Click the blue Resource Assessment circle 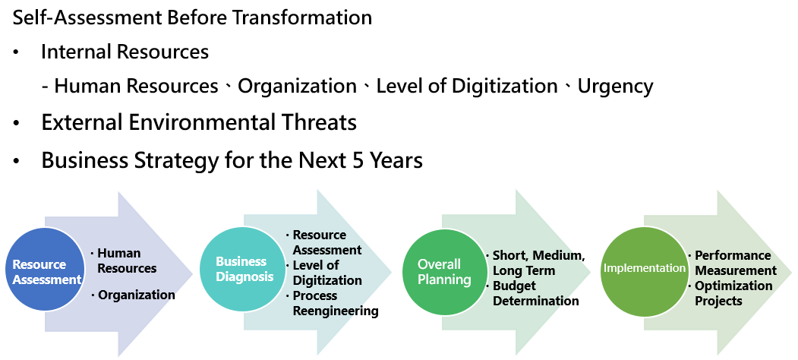click(x=45, y=269)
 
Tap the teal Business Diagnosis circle click(x=241, y=269)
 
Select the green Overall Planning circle click(x=443, y=272)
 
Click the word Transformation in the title click(x=301, y=17)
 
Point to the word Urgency click(x=615, y=86)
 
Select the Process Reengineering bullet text click(x=336, y=304)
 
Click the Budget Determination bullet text click(x=535, y=293)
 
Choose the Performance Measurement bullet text click(x=736, y=263)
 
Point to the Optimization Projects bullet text click(x=733, y=293)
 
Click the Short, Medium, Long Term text click(x=538, y=263)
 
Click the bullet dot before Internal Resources click(x=17, y=52)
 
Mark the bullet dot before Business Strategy click(x=17, y=162)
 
